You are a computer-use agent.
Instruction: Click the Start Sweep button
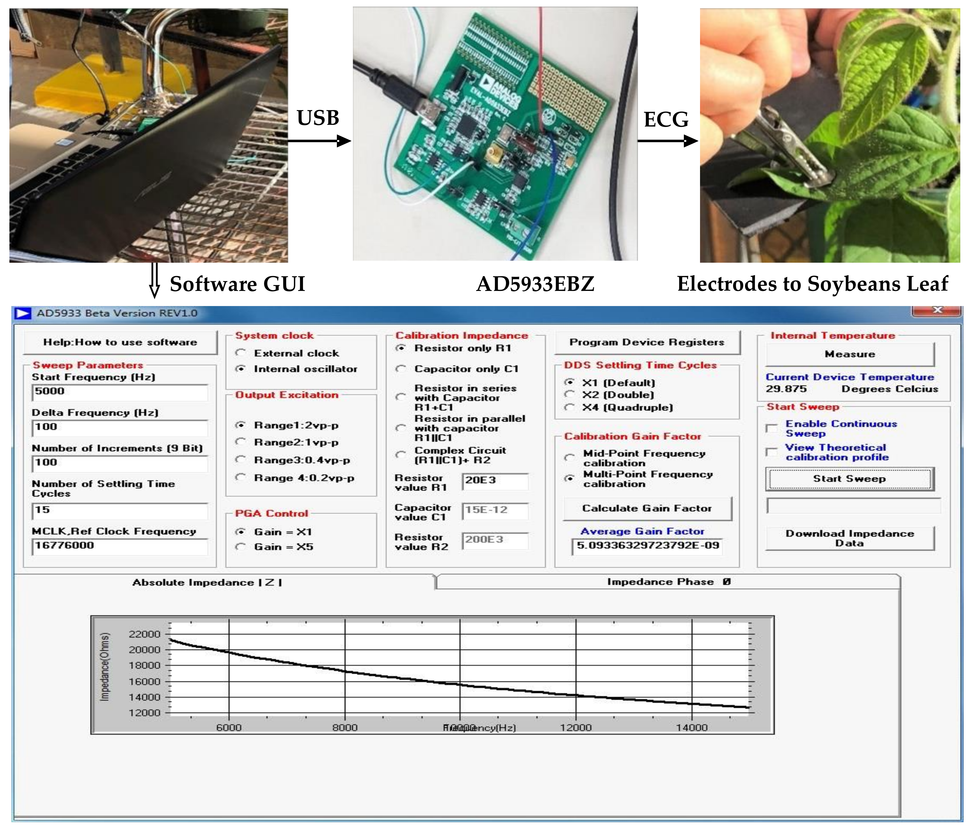[850, 479]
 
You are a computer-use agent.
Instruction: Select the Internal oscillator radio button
[241, 369]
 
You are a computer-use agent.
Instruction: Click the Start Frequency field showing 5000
[120, 392]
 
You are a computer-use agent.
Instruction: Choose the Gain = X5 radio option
[241, 546]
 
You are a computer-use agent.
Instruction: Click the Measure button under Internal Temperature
[850, 354]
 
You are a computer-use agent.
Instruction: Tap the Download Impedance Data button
[850, 538]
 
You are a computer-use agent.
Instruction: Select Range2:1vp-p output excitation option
[241, 442]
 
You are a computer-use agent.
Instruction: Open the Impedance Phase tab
[668, 582]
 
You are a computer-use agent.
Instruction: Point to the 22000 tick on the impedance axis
[145, 634]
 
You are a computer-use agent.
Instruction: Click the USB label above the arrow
[318, 118]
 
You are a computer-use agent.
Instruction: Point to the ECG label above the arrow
[666, 119]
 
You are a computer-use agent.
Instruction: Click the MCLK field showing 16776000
[120, 546]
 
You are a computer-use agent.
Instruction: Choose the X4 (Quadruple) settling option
[570, 407]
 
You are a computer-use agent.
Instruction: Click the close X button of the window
[937, 310]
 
